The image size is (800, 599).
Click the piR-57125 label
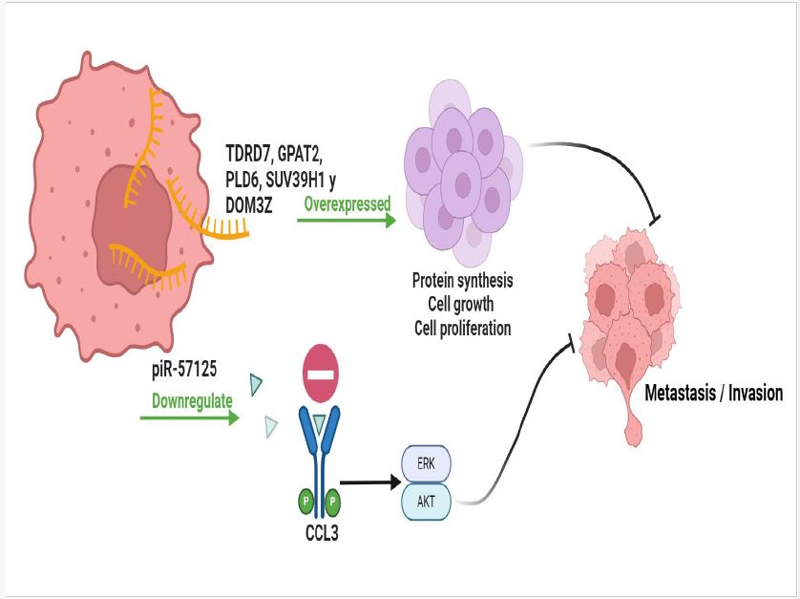tap(184, 367)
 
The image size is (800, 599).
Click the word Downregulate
tap(192, 401)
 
